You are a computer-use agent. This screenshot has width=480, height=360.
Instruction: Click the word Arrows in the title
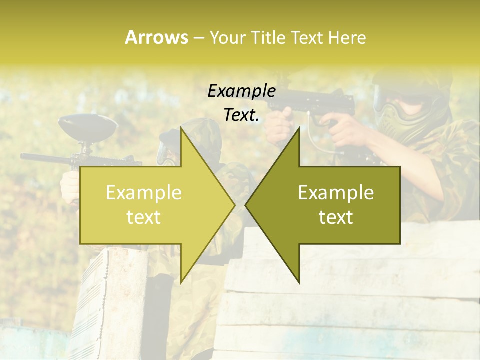click(x=156, y=37)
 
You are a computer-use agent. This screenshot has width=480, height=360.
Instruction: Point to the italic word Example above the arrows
click(x=241, y=91)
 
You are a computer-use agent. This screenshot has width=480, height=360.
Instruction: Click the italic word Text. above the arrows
click(x=241, y=115)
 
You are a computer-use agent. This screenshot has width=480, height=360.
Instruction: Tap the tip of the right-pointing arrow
click(x=234, y=204)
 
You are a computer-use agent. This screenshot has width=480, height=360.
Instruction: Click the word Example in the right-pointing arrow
click(x=144, y=193)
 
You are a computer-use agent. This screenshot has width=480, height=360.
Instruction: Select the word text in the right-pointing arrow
click(x=144, y=217)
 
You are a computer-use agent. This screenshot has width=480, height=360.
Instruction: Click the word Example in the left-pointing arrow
click(x=336, y=193)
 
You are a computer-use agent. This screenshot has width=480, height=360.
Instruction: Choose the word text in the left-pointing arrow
click(x=336, y=217)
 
